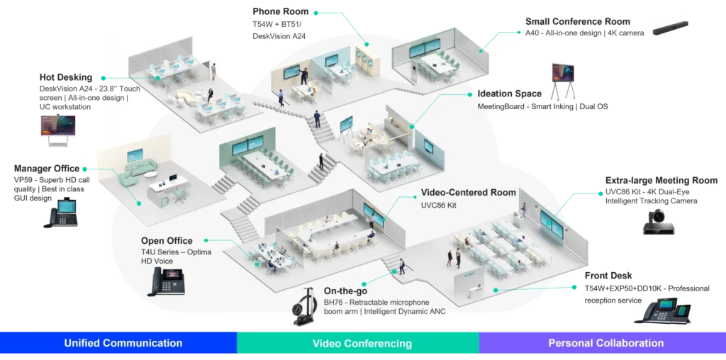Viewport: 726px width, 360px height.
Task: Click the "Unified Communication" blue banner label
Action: click(x=123, y=343)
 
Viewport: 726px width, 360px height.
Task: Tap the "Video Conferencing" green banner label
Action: click(x=362, y=344)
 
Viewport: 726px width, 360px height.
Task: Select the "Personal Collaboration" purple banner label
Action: click(x=605, y=343)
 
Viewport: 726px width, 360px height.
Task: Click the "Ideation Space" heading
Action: click(x=509, y=94)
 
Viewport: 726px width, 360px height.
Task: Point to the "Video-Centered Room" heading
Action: click(x=468, y=193)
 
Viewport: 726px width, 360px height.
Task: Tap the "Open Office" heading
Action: click(x=167, y=241)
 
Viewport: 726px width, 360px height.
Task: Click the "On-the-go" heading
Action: click(x=345, y=291)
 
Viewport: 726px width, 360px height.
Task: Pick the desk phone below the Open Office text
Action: click(x=164, y=281)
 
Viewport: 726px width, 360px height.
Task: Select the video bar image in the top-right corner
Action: click(x=671, y=26)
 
